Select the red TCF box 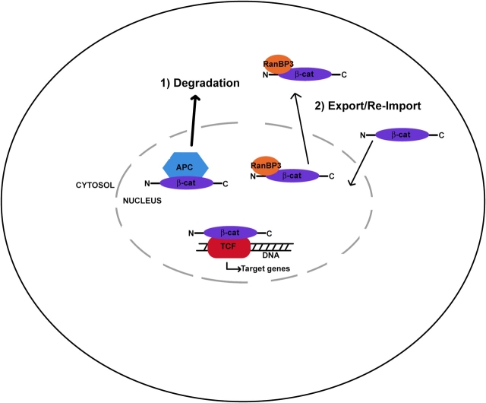tap(229, 248)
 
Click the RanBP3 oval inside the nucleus tap(266, 166)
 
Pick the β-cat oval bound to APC tap(187, 183)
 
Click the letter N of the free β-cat tap(364, 135)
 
